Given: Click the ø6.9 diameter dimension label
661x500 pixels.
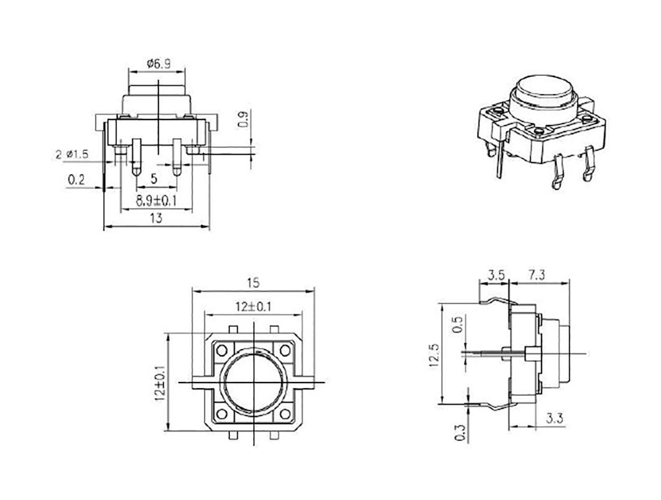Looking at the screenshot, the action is pos(159,64).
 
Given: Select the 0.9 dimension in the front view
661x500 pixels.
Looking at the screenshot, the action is pos(244,120).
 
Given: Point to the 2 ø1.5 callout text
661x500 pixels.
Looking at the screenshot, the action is pos(72,154).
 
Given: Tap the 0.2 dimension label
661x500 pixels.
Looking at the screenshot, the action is pos(76,180).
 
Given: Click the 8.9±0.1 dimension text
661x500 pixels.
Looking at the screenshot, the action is pos(156,201).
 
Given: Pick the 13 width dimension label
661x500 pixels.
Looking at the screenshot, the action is pos(156,218).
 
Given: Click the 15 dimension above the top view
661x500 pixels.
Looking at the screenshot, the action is pos(253,283).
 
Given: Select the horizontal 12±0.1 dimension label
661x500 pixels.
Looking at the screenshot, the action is pos(253,307).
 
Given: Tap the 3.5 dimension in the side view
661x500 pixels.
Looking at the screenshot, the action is pos(496,275).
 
